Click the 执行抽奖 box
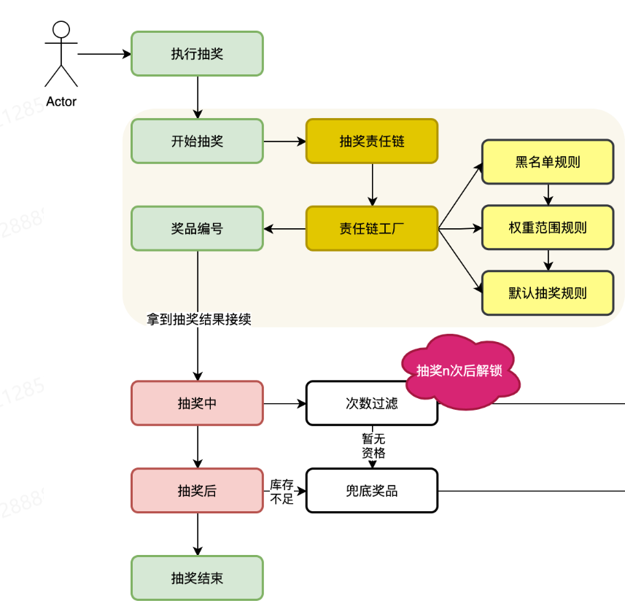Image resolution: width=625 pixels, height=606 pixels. pyautogui.click(x=197, y=53)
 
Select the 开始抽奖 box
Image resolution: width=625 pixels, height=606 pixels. pyautogui.click(x=197, y=141)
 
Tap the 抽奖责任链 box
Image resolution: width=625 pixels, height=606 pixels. pyautogui.click(x=372, y=141)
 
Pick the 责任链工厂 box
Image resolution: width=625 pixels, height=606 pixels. pyautogui.click(x=372, y=228)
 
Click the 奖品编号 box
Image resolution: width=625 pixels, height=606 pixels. pyautogui.click(x=197, y=228)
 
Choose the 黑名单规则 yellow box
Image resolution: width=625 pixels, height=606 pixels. pyautogui.click(x=548, y=162)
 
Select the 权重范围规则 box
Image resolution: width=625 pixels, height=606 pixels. pyautogui.click(x=548, y=228)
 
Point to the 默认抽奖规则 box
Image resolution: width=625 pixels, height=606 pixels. pyautogui.click(x=548, y=293)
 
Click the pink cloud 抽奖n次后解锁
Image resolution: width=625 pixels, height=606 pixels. pyautogui.click(x=461, y=370)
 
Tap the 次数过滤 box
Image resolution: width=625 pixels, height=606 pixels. pyautogui.click(x=372, y=403)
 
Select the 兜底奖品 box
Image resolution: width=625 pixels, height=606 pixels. pyautogui.click(x=372, y=491)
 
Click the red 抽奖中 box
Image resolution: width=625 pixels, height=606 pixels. pyautogui.click(x=197, y=403)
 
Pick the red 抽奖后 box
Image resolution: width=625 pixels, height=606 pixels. pyautogui.click(x=197, y=491)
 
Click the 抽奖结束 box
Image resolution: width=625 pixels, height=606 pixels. pyautogui.click(x=197, y=578)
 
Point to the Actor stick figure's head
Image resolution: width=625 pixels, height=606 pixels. pyautogui.click(x=61, y=30)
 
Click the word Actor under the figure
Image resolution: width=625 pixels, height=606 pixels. pyautogui.click(x=61, y=102)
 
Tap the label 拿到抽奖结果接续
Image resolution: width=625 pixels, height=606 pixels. pyautogui.click(x=199, y=319)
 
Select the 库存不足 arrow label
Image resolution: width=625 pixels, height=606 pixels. pyautogui.click(x=282, y=492)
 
